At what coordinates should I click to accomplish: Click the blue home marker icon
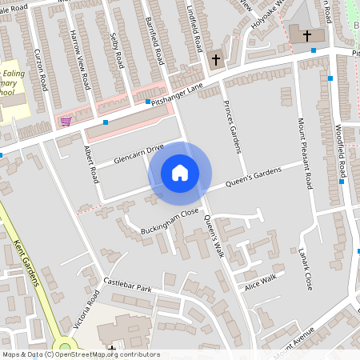pos(180,172)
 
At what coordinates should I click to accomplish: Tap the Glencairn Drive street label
pos(128,153)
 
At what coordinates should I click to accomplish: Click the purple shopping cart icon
pos(66,122)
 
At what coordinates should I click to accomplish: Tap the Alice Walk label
pos(260,282)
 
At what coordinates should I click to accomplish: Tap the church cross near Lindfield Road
pos(215,60)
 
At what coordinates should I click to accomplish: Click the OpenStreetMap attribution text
pos(81,354)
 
